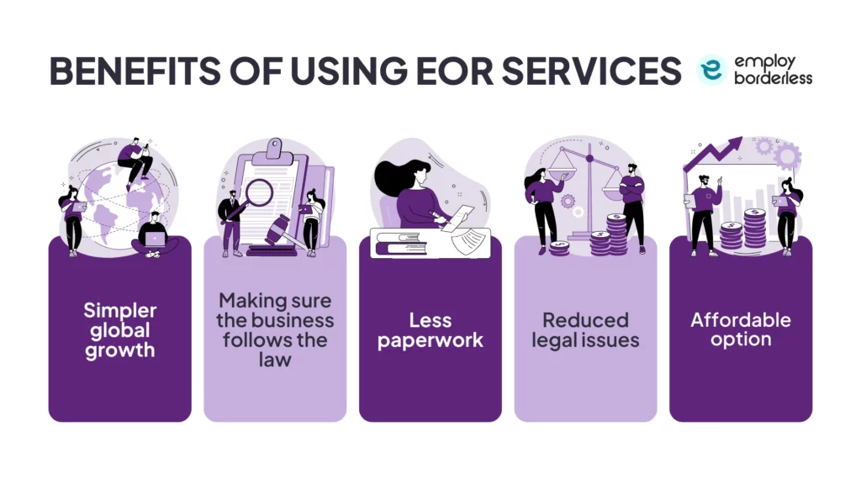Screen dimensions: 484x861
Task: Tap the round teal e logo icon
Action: click(711, 71)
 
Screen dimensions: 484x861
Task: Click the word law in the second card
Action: click(275, 360)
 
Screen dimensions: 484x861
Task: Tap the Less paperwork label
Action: click(430, 330)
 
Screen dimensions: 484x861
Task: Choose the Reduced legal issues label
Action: click(585, 330)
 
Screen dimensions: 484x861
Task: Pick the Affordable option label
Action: click(741, 329)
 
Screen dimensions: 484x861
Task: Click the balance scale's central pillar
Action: click(589, 193)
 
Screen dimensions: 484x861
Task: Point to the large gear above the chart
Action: click(787, 155)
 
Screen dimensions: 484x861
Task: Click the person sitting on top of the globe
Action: click(135, 160)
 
